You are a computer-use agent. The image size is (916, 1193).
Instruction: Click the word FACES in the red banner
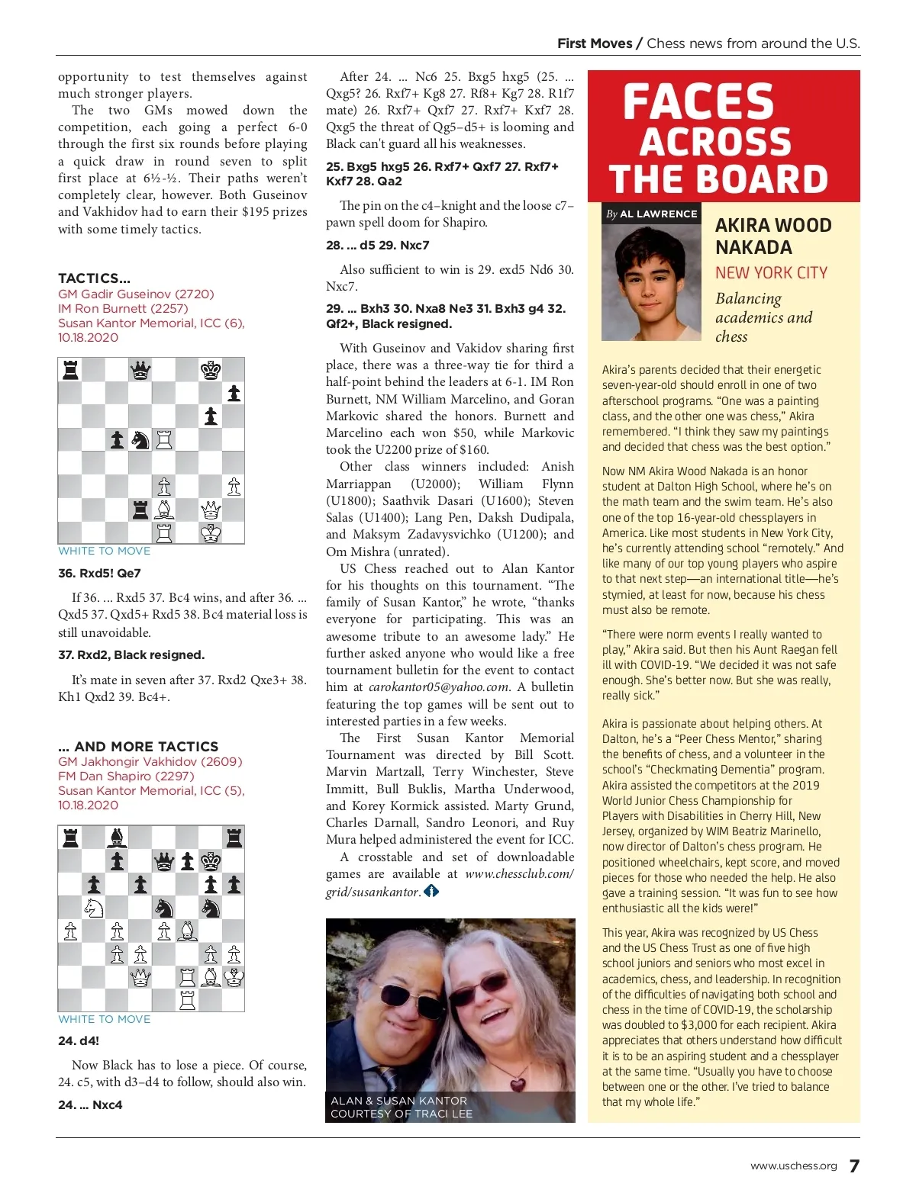point(698,102)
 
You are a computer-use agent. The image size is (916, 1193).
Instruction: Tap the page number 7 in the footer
point(854,1166)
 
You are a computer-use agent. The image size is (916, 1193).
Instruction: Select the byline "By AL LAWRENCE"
point(651,214)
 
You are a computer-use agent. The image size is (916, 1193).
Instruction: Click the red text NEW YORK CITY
point(771,272)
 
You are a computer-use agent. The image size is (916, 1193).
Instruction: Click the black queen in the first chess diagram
point(140,371)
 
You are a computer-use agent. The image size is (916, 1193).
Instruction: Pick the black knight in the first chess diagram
point(140,439)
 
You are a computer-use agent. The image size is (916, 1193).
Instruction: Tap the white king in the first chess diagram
point(211,532)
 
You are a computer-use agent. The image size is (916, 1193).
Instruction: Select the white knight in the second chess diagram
point(94,907)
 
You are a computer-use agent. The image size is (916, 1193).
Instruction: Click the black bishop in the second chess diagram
point(117,838)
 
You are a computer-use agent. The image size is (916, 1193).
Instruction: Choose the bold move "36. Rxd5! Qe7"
point(99,573)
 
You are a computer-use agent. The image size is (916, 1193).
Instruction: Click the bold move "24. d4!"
point(79,1040)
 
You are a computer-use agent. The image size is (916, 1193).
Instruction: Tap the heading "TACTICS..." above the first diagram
point(94,278)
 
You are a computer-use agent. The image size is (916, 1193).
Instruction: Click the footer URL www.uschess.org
point(793,1166)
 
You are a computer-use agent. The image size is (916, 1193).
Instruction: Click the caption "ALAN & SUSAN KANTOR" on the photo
point(398,1101)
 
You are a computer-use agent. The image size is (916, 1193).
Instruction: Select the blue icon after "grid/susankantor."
point(431,891)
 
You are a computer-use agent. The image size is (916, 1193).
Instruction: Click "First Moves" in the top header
point(595,43)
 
